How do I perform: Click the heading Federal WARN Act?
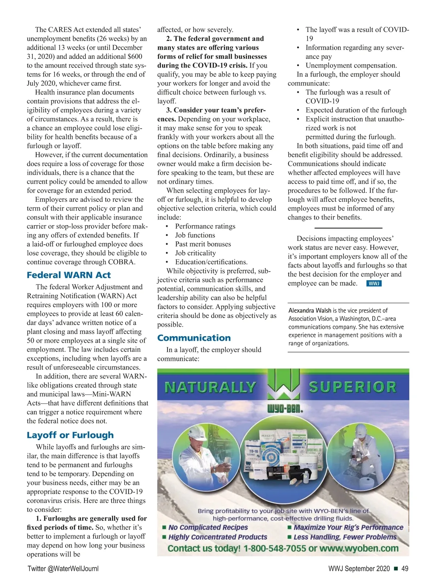pos(69,275)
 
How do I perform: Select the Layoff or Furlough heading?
pos(70,435)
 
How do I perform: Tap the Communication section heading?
pos(194,338)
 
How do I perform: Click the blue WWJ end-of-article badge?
pos(374,284)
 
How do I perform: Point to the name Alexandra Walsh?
pos(310,310)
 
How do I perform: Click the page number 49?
pos(405,568)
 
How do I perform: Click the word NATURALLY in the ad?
pos(210,387)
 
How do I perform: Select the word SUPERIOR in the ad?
pos(352,387)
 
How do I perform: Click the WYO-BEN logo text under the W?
pos(285,409)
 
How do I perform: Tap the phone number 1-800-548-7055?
pos(274,548)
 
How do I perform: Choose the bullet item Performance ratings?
pos(205,226)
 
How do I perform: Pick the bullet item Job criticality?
pos(195,253)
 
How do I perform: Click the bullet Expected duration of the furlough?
pos(356,110)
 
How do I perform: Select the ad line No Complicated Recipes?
pos(208,527)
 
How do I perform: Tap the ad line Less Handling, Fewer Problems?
pos(345,537)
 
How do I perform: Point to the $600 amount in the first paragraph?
pos(135,56)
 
